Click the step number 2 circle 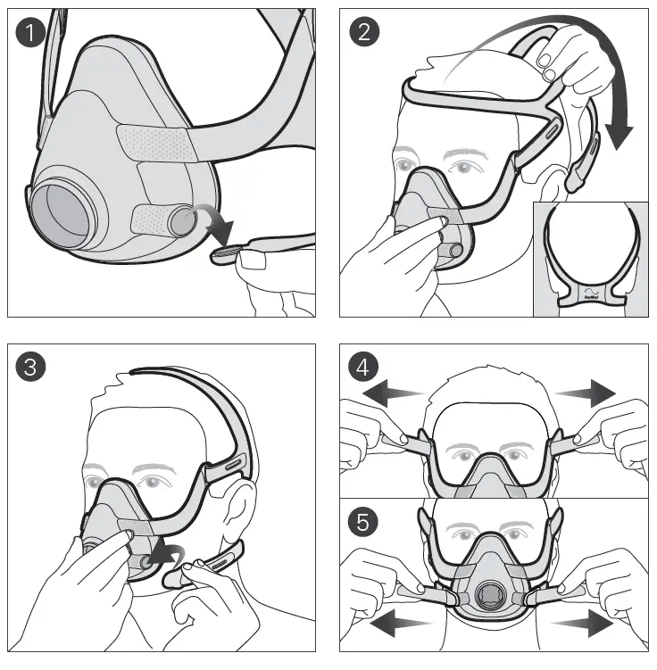365,32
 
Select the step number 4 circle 364,367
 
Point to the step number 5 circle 364,522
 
